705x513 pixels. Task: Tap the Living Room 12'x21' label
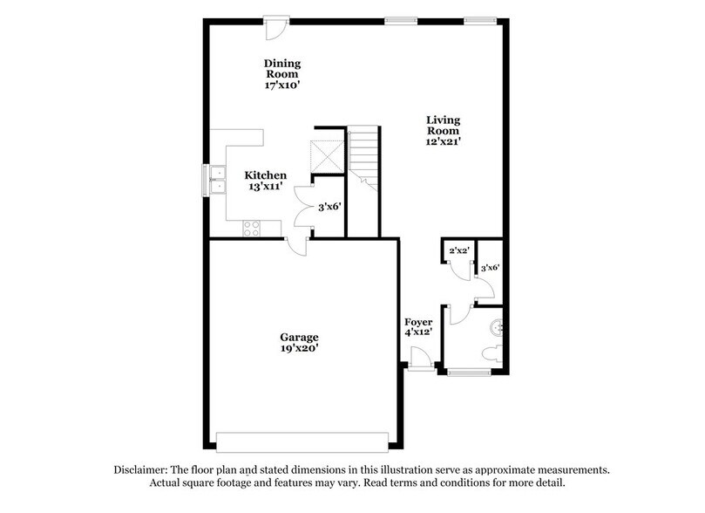tap(443, 130)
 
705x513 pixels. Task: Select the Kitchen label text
tap(265, 175)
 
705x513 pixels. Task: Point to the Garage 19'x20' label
tap(299, 343)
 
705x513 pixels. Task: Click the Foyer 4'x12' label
tap(417, 328)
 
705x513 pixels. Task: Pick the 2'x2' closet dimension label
tap(458, 251)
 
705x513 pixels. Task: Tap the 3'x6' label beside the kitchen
tap(327, 208)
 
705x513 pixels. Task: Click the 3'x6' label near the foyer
tap(490, 270)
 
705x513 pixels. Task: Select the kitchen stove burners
tap(251, 229)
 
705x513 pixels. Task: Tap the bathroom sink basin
tap(498, 328)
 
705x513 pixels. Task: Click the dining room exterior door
tap(276, 25)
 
